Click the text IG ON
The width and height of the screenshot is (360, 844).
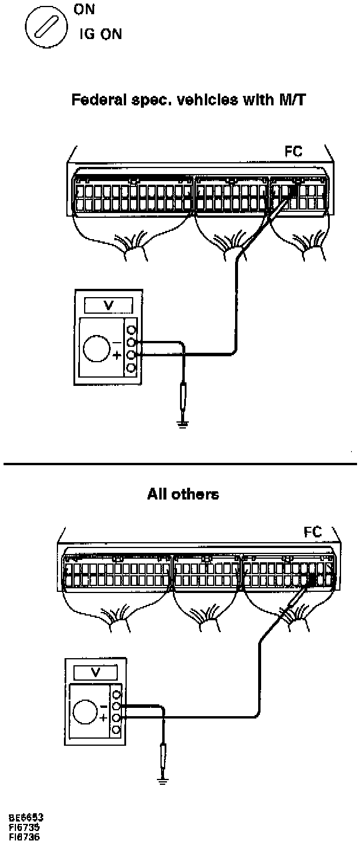[x=101, y=34]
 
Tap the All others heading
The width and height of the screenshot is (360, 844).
[x=183, y=494]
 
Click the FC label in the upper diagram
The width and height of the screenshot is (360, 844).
[x=294, y=152]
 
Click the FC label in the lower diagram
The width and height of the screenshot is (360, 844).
[x=313, y=532]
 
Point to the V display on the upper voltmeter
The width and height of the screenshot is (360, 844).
[x=108, y=305]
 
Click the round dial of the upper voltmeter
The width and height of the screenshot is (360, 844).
[x=97, y=349]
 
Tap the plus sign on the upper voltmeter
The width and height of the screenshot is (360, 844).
[x=117, y=356]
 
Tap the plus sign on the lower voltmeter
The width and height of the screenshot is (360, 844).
[x=104, y=718]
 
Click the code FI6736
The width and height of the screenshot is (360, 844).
[x=25, y=837]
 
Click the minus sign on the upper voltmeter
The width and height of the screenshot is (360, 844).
[x=117, y=343]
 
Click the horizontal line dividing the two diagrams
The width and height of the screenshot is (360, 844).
[x=180, y=464]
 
